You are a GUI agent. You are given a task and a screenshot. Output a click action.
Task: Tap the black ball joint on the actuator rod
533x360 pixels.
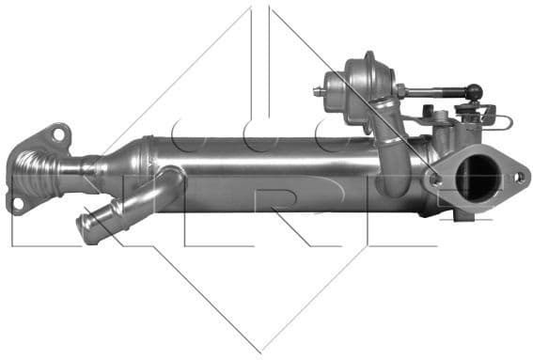coord(475,92)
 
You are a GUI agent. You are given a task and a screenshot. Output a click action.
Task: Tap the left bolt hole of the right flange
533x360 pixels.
coord(434,176)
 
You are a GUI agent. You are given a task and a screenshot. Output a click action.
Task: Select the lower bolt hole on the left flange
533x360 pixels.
coord(17,201)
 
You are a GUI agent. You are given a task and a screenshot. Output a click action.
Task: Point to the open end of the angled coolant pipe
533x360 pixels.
coord(86,229)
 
